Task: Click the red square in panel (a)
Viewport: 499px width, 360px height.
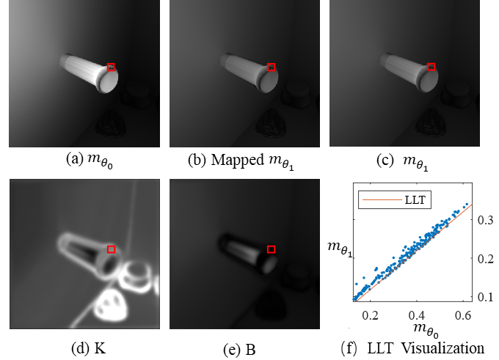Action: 111,67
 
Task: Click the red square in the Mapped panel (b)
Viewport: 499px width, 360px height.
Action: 271,67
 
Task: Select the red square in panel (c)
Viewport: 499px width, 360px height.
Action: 431,67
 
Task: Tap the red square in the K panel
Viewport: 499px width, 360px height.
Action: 111,249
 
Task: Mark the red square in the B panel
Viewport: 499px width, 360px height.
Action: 271,249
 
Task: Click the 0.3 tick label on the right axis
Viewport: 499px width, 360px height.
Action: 484,219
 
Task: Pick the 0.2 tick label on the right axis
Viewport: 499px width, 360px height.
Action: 484,259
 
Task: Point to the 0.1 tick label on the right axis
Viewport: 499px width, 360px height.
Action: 484,297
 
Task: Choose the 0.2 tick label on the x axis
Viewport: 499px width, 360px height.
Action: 371,314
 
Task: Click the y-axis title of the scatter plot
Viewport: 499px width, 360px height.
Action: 338,253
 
